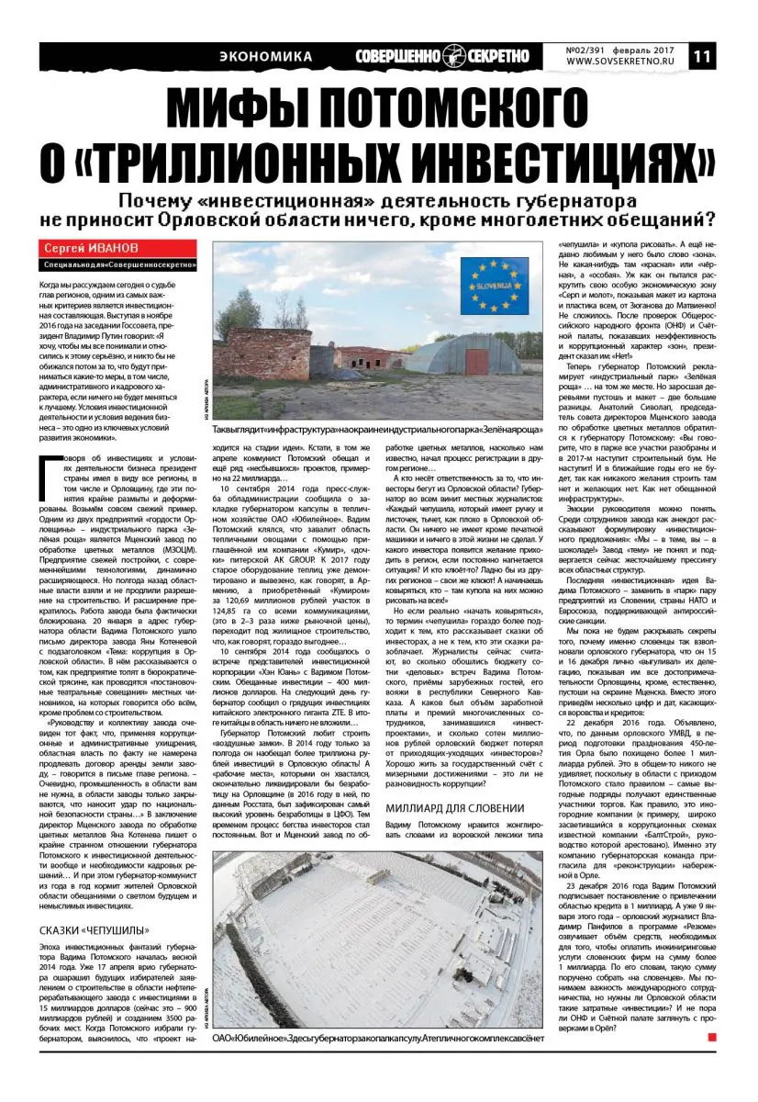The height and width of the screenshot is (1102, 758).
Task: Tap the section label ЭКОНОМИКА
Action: coord(266,57)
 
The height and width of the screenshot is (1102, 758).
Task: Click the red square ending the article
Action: coord(712,1037)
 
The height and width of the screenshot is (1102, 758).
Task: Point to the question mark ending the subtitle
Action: coord(711,220)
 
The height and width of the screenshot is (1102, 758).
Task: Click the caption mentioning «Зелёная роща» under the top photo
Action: coord(378,430)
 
